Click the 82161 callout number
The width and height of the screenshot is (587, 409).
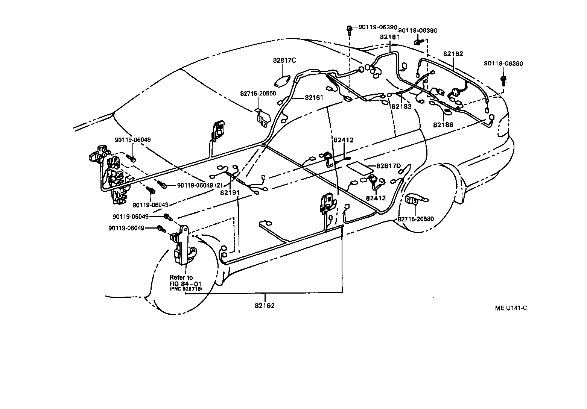(x=314, y=98)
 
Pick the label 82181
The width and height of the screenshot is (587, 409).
(x=389, y=37)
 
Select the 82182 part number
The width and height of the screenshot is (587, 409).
(x=453, y=54)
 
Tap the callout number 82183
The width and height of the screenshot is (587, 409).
(x=401, y=106)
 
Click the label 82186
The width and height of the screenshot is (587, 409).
(x=443, y=125)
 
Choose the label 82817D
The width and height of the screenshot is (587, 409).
(x=389, y=166)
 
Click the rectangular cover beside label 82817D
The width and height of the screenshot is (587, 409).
(x=359, y=168)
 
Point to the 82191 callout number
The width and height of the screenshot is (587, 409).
(x=230, y=192)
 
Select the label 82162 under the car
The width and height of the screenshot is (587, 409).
(x=265, y=305)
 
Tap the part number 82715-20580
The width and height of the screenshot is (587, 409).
(x=416, y=219)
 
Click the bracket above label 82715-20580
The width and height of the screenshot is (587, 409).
(x=415, y=200)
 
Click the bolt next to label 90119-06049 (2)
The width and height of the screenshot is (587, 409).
(x=162, y=184)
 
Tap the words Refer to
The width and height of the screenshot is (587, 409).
(x=181, y=277)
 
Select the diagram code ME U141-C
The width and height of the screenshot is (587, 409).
(x=511, y=308)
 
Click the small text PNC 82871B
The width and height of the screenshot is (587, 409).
(x=186, y=289)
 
